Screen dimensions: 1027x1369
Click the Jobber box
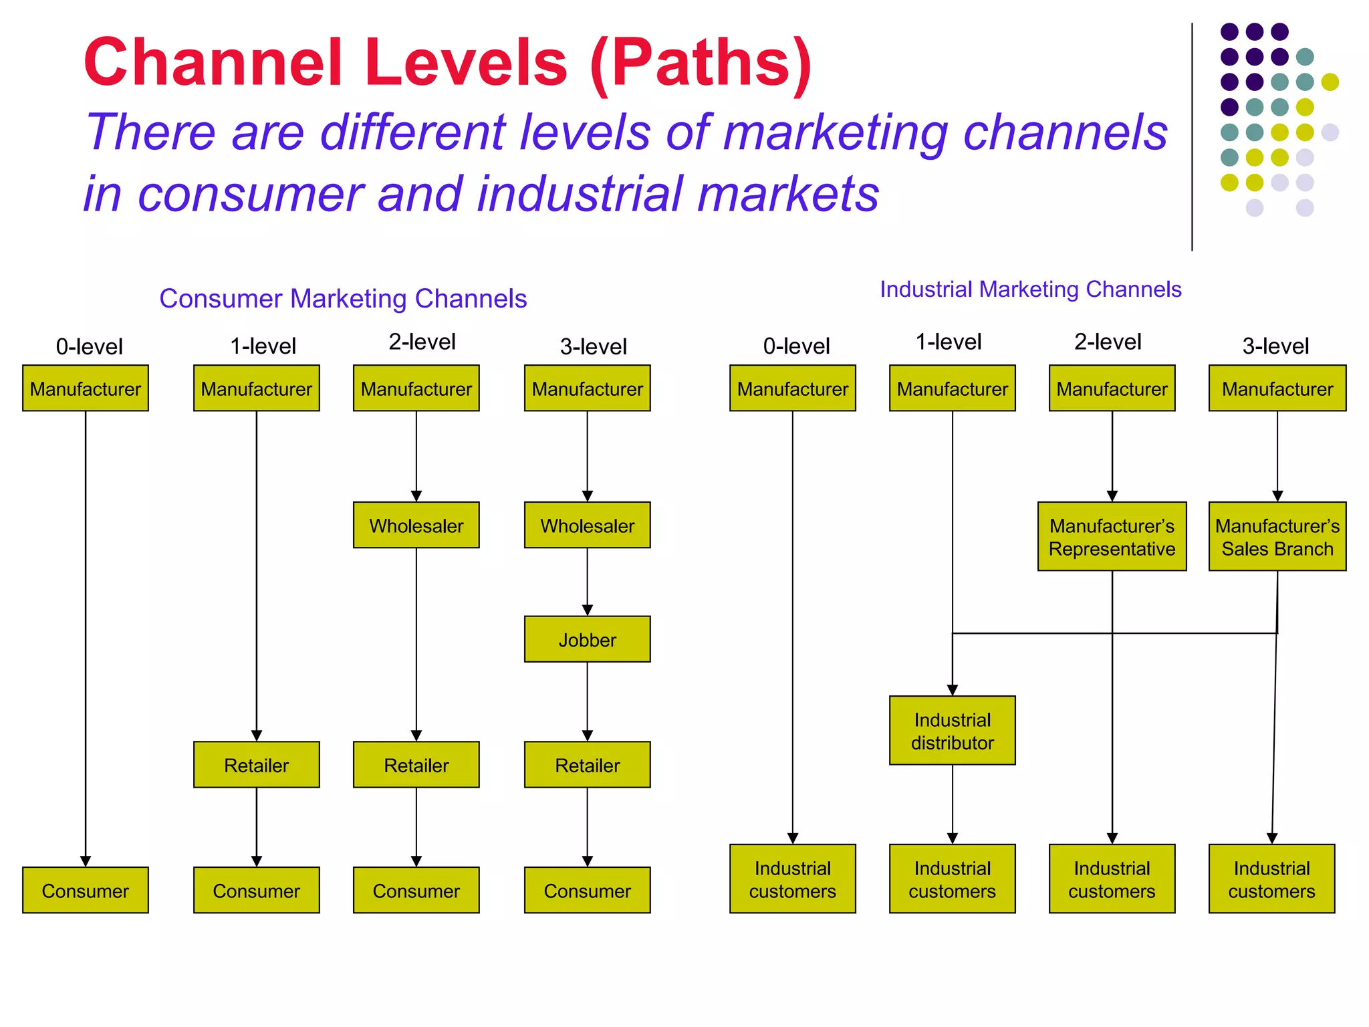[587, 639]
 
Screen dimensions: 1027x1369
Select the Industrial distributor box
[952, 730]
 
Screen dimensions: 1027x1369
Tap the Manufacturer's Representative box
[1112, 536]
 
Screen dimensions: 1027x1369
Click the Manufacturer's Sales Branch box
[1277, 536]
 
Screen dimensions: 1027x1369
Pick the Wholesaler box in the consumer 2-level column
[416, 525]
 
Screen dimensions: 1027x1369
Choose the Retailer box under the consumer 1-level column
[256, 764]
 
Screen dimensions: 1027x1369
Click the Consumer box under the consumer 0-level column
[85, 890]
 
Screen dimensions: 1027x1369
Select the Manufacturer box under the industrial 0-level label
[792, 388]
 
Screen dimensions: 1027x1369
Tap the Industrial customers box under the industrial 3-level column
[1271, 879]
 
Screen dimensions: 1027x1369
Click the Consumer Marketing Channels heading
[343, 299]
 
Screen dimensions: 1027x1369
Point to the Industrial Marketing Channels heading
[1030, 290]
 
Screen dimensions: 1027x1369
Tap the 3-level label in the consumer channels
[593, 346]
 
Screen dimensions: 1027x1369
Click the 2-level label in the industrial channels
[1107, 342]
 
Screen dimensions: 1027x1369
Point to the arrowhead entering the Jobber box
[587, 610]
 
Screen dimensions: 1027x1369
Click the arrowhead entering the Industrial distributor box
[952, 689]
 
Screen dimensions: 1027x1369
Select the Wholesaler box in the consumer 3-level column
[587, 525]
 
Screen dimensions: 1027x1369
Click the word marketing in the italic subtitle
[835, 132]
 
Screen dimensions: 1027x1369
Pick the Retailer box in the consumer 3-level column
[587, 764]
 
